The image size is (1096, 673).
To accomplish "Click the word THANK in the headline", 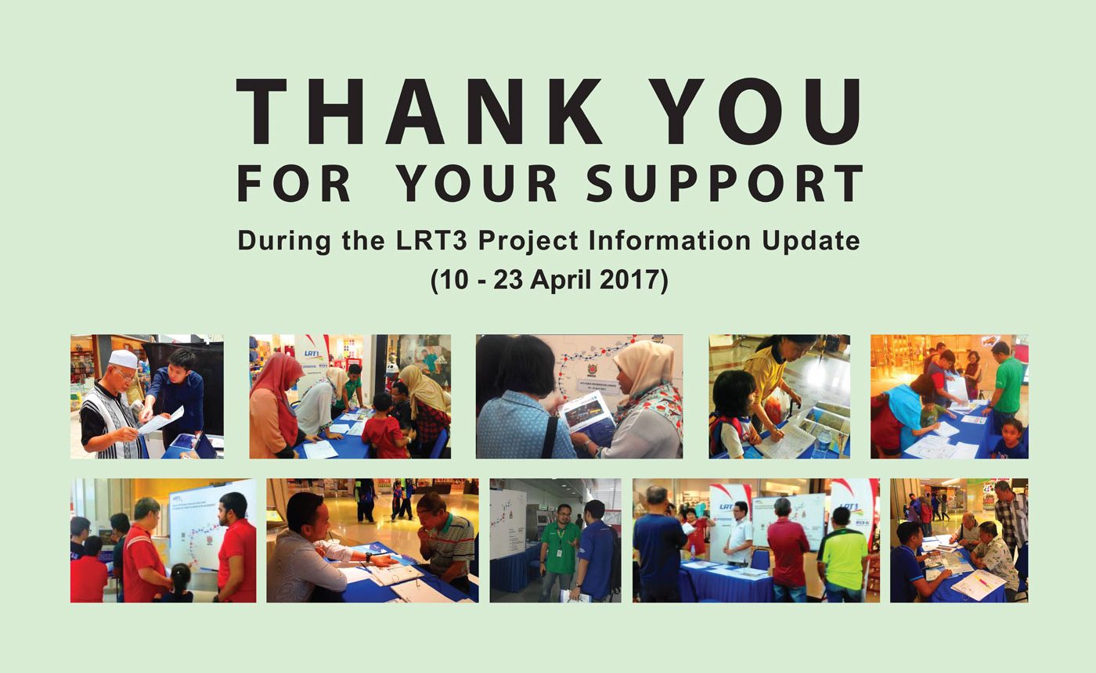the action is (419, 111).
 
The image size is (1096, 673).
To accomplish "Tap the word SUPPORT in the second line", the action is (725, 183).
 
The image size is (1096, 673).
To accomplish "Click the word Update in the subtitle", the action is (809, 242).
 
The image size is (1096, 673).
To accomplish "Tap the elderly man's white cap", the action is (122, 358).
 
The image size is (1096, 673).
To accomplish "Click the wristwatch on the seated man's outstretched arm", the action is (368, 557).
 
